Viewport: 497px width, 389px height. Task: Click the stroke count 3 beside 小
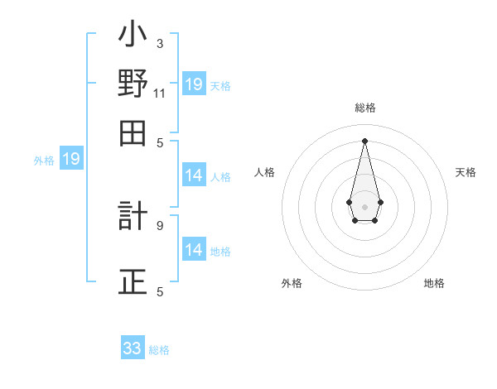point(160,42)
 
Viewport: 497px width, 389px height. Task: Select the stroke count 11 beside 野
point(160,94)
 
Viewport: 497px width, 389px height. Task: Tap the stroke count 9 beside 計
point(160,224)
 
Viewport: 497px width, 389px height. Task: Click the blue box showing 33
point(133,348)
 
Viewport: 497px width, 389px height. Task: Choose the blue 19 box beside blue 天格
point(194,84)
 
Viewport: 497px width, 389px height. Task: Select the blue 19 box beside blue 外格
point(71,159)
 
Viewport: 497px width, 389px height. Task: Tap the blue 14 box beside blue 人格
point(194,175)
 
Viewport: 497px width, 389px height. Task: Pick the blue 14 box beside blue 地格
point(194,249)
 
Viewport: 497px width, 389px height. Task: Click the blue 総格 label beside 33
point(159,350)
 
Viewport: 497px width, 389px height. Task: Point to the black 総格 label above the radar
point(365,108)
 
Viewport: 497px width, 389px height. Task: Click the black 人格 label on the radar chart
point(264,172)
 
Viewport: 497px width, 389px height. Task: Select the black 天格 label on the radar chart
point(466,172)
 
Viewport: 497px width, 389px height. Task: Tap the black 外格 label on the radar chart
point(291,283)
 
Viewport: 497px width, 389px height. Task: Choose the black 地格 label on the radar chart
point(434,283)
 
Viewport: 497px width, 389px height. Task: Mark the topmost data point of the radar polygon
point(365,140)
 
